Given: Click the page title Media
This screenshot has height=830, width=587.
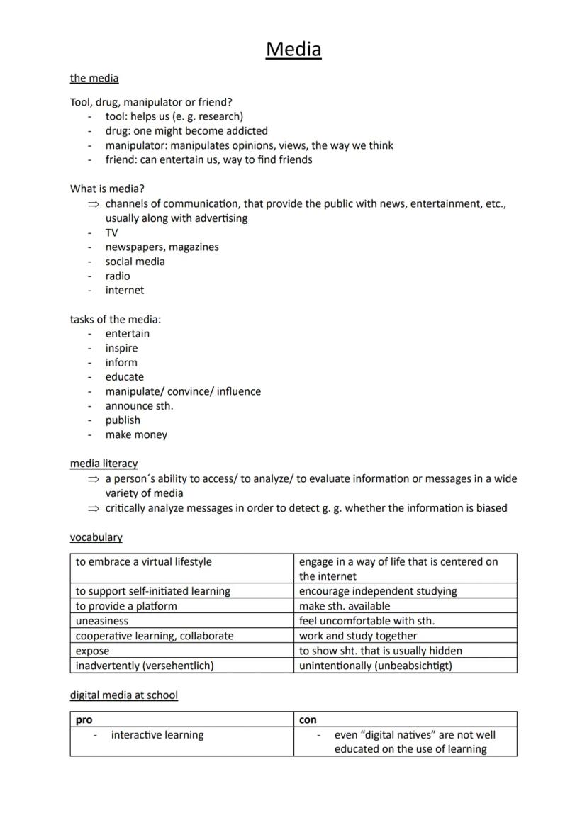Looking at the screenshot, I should (293, 50).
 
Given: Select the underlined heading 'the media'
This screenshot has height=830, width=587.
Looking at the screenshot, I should (94, 78).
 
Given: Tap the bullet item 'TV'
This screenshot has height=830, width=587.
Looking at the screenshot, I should (112, 232).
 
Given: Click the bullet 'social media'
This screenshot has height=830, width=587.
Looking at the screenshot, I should (135, 262).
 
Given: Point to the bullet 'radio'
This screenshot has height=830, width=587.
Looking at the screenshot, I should (118, 276).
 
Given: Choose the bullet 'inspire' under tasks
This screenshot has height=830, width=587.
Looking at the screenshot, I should (121, 348).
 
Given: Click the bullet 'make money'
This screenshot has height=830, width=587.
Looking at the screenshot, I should (136, 434).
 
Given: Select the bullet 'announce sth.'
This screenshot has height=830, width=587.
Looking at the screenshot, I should (139, 406).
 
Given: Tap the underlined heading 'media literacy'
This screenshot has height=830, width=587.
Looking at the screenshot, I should (104, 464).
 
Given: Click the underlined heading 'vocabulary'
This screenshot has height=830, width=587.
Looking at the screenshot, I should (96, 537).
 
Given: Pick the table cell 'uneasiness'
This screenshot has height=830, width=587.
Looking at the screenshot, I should (102, 621).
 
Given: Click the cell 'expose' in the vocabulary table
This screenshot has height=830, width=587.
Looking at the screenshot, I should (93, 651).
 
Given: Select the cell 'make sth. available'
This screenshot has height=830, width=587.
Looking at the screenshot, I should (345, 606).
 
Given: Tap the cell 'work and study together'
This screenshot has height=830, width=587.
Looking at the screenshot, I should (357, 636).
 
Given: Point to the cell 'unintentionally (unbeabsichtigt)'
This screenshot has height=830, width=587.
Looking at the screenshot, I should (375, 666).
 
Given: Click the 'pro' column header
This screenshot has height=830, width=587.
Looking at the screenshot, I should (84, 719).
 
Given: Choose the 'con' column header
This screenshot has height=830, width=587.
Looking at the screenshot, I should (308, 719).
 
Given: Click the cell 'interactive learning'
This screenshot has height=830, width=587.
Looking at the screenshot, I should (157, 735).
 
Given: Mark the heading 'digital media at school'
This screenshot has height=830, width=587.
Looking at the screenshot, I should (123, 695).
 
